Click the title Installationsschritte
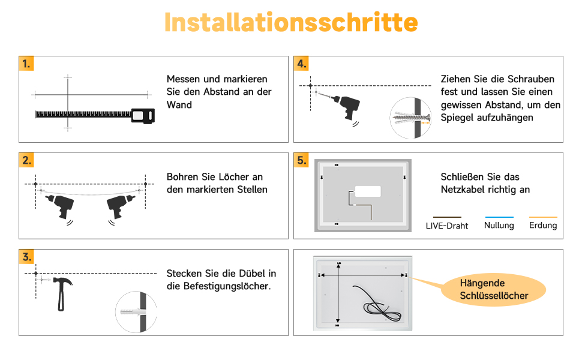[291, 22]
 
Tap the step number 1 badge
[26, 64]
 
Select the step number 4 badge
[301, 64]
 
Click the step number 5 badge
[301, 160]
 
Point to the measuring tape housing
[143, 116]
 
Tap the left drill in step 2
[60, 206]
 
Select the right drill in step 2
[120, 206]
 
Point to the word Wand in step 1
[179, 104]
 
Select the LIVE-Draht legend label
[447, 226]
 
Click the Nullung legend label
[499, 225]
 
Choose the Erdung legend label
[543, 225]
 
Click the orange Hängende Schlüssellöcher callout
[494, 289]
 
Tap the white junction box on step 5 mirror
[368, 191]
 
